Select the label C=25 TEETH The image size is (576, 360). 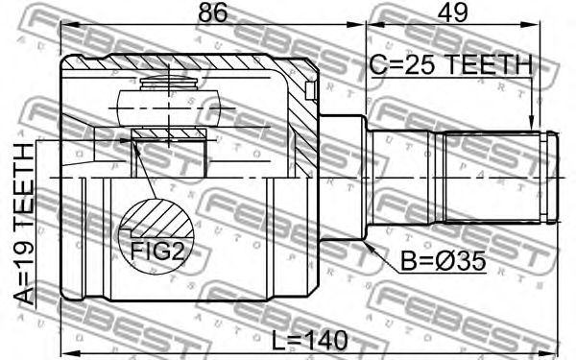click(x=451, y=64)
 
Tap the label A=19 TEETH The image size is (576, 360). click(x=24, y=224)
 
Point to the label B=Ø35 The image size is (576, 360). click(x=444, y=261)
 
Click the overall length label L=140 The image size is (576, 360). click(x=310, y=340)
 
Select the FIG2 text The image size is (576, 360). click(x=157, y=252)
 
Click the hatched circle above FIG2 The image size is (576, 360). click(x=156, y=218)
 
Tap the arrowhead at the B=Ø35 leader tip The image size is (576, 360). click(x=369, y=246)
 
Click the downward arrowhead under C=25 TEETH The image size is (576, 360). click(x=531, y=123)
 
